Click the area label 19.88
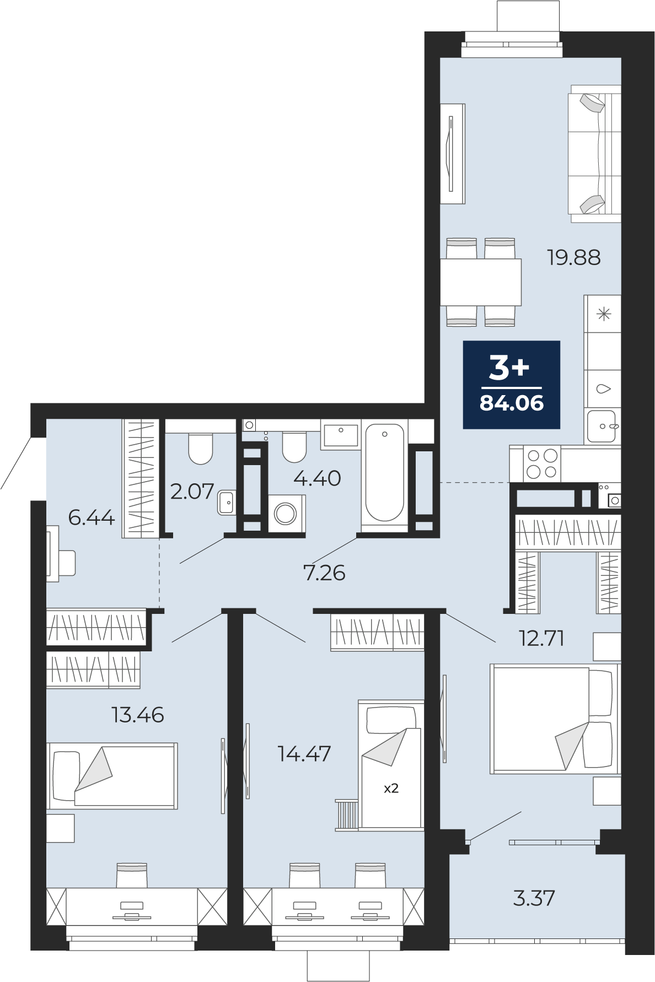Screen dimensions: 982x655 [x=573, y=257]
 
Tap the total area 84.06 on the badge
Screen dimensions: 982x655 [x=512, y=403]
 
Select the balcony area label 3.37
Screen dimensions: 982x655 [x=534, y=898]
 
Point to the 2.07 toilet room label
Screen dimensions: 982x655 [x=192, y=491]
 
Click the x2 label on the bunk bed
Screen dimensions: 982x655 [x=391, y=788]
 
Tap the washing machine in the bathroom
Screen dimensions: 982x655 [x=286, y=514]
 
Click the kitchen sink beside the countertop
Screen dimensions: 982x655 [x=602, y=427]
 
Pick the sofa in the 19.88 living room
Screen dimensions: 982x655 [x=594, y=154]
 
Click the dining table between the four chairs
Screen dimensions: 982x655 [x=481, y=282]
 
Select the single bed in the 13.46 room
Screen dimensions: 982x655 [x=112, y=775]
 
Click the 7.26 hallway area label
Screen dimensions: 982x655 [x=324, y=573]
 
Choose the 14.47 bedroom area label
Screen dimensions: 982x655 [x=304, y=753]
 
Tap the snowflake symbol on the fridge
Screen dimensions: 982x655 [x=604, y=315]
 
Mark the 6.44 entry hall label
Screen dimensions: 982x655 [x=92, y=517]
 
